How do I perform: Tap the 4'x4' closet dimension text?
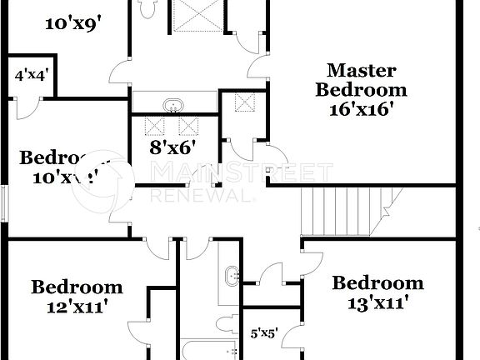(x=32, y=75)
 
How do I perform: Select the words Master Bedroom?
(x=361, y=80)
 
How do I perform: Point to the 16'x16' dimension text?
(x=360, y=108)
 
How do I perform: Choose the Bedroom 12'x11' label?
(x=77, y=297)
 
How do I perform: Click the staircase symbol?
(x=351, y=213)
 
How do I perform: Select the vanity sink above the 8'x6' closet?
(x=174, y=104)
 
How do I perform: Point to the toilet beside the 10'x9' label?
(x=147, y=8)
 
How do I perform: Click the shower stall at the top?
(x=197, y=16)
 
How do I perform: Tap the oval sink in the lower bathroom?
(x=231, y=275)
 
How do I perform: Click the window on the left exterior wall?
(x=4, y=203)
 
